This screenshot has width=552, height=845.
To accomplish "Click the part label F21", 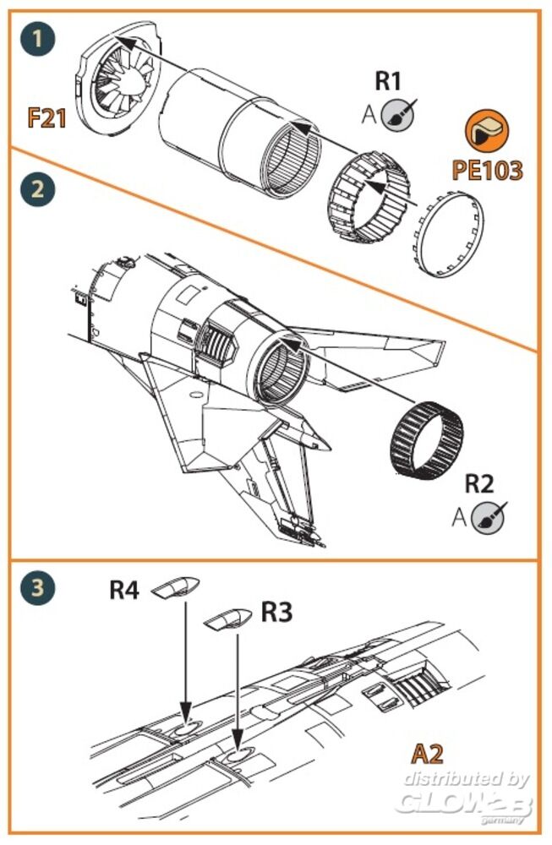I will (47, 117).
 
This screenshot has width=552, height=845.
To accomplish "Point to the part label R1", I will (390, 83).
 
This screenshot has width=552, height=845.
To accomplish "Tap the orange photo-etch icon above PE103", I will (486, 132).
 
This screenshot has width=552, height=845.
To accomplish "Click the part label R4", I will (124, 589).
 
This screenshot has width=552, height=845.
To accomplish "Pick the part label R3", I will (276, 613).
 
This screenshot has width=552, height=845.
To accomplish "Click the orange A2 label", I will (428, 751).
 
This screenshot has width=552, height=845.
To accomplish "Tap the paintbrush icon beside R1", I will (394, 115).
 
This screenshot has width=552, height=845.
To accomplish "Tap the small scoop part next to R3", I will (229, 619).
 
